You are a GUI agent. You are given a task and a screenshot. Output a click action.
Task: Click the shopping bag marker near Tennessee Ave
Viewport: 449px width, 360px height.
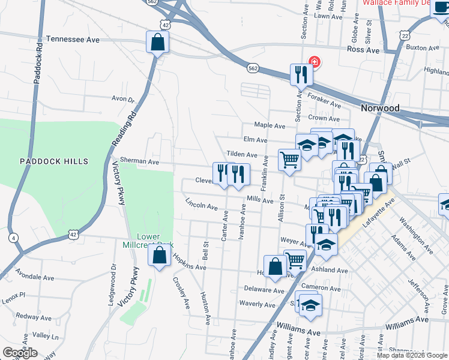[x=157, y=43]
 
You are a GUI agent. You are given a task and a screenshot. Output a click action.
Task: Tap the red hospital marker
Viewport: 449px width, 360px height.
[x=313, y=62]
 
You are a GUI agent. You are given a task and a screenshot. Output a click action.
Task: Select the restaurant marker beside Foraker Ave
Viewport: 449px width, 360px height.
[x=299, y=75]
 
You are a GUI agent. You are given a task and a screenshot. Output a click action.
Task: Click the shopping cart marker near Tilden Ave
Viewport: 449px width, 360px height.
[x=289, y=161]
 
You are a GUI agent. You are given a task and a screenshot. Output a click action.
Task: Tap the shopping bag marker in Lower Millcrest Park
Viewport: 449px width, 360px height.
[x=158, y=256]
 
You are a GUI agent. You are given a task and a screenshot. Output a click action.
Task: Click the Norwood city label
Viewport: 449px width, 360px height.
[x=380, y=108]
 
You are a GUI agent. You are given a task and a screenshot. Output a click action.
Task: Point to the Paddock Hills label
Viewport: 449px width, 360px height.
[x=53, y=161]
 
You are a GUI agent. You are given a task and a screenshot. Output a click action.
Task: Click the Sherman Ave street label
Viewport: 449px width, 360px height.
[x=139, y=161]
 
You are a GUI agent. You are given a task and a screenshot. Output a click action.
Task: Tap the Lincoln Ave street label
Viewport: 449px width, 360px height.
[x=201, y=205]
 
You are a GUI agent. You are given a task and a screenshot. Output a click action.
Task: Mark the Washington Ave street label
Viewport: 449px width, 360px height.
[x=411, y=236]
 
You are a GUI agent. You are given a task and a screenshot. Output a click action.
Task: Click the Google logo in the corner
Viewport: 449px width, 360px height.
[x=20, y=353]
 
